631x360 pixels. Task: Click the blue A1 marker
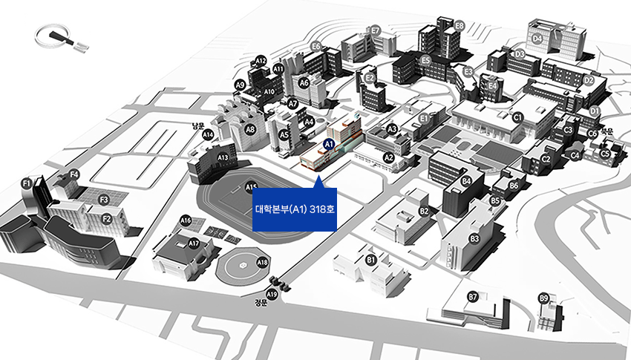(330, 141)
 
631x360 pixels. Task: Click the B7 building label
(472, 297)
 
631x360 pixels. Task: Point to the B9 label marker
(544, 298)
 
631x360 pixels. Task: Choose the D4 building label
(537, 39)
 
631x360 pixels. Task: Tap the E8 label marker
(460, 25)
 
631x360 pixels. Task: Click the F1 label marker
(26, 183)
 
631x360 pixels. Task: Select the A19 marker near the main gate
(272, 295)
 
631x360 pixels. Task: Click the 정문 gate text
(260, 303)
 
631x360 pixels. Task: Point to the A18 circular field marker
(262, 262)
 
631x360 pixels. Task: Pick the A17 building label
(194, 243)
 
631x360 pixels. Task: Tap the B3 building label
(474, 238)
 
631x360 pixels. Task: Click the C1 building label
(518, 117)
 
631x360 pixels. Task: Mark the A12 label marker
(261, 60)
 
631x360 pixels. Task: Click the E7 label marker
(376, 30)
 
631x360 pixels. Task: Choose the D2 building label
(589, 80)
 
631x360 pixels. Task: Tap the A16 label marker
(186, 220)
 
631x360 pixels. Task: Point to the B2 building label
(424, 211)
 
